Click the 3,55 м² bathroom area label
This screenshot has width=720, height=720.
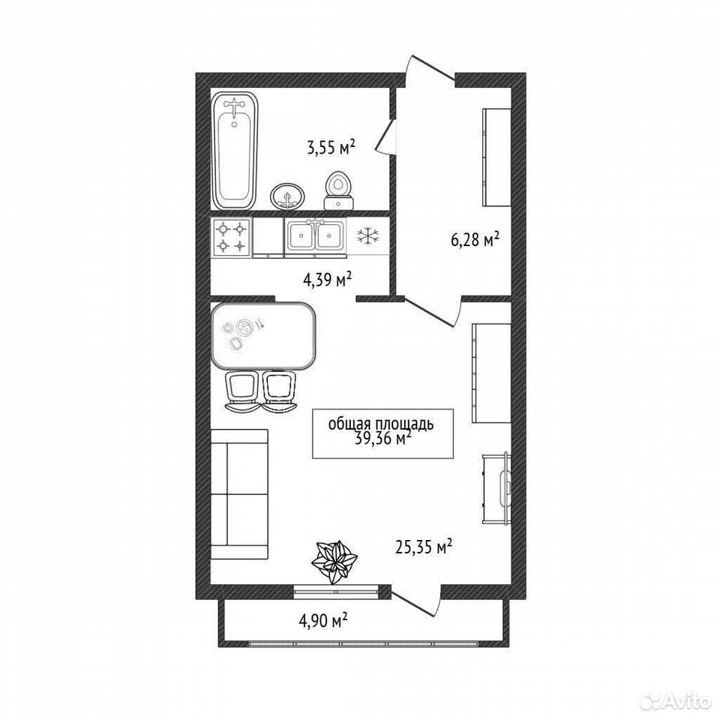click(x=331, y=148)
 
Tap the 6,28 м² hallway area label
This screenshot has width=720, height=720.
click(x=475, y=239)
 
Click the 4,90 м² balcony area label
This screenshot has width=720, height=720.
click(x=322, y=621)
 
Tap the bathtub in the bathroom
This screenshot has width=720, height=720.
click(x=234, y=151)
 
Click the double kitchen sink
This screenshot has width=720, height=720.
click(x=316, y=237)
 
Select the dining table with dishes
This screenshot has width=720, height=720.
click(x=263, y=336)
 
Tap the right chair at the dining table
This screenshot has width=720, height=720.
click(x=279, y=391)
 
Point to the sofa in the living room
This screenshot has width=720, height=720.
click(x=239, y=493)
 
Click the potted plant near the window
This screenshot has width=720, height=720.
click(x=334, y=562)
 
